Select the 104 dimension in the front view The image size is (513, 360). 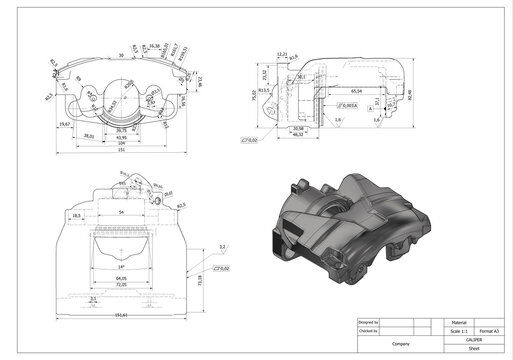pyautogui.click(x=122, y=143)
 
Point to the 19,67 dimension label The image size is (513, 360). pyautogui.click(x=65, y=124)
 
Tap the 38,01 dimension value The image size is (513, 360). pyautogui.click(x=89, y=135)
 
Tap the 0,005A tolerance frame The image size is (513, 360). pyautogui.click(x=347, y=103)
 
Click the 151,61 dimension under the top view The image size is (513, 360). pyautogui.click(x=122, y=316)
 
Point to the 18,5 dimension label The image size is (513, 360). pyautogui.click(x=77, y=215)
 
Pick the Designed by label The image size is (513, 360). pyautogui.click(x=367, y=322)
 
